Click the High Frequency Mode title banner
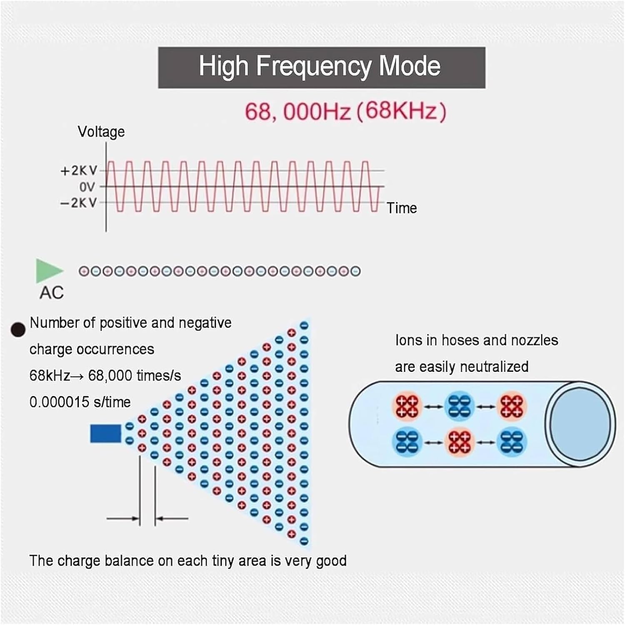(x=321, y=67)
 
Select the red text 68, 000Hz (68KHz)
(x=345, y=111)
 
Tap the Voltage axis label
(x=101, y=132)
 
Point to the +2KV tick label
(x=79, y=170)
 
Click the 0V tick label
(x=87, y=187)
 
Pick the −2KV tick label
(x=79, y=203)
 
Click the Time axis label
(x=401, y=208)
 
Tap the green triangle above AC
(x=47, y=271)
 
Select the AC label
(x=52, y=292)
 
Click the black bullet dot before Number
(x=18, y=330)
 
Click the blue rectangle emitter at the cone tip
(x=105, y=433)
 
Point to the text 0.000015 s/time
(x=80, y=402)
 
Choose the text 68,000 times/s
(x=135, y=376)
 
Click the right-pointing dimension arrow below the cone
(x=123, y=519)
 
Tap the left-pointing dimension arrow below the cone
(x=172, y=519)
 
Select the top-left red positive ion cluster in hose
(x=407, y=406)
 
